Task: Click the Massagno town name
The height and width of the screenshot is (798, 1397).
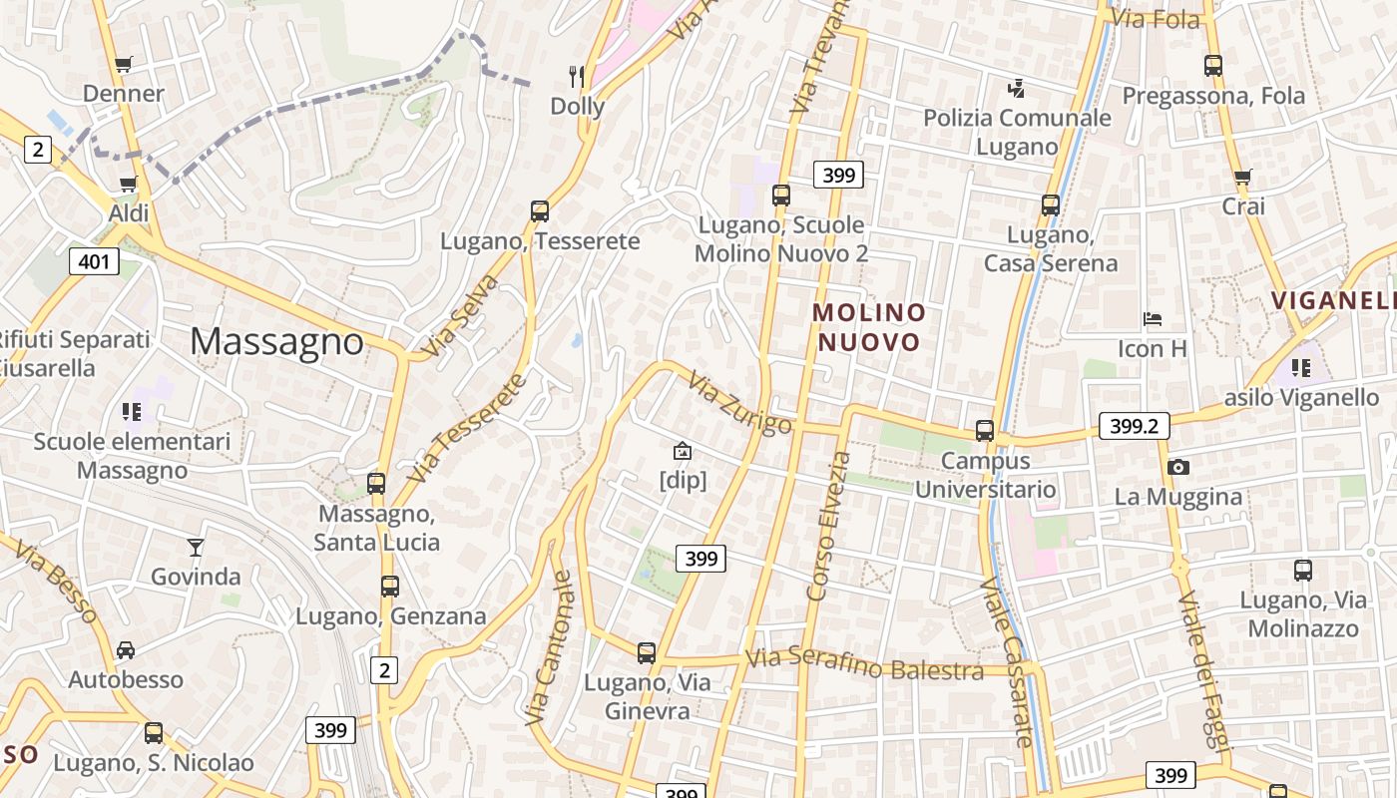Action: pyautogui.click(x=276, y=341)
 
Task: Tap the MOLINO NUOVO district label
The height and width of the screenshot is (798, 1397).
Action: pyautogui.click(x=868, y=327)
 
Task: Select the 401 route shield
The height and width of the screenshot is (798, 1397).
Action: pyautogui.click(x=94, y=262)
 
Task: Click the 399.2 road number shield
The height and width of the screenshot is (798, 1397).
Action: pyautogui.click(x=1134, y=426)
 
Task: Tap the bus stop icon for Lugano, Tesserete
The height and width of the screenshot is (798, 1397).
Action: pyautogui.click(x=540, y=211)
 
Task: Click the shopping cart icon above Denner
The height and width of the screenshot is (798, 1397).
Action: pyautogui.click(x=123, y=66)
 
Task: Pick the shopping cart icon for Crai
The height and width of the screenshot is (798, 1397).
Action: pyautogui.click(x=1242, y=178)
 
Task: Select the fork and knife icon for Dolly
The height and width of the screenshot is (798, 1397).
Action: pyautogui.click(x=577, y=77)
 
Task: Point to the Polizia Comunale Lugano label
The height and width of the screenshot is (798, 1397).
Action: pyautogui.click(x=1016, y=132)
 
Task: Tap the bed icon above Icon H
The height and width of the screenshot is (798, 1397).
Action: pyautogui.click(x=1153, y=320)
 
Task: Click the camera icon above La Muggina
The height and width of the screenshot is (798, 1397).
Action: pyautogui.click(x=1177, y=467)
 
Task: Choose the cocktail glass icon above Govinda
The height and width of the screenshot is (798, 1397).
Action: pyautogui.click(x=195, y=547)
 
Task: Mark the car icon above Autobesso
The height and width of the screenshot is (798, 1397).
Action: pyautogui.click(x=126, y=650)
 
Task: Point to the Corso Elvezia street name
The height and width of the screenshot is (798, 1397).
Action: pyautogui.click(x=829, y=526)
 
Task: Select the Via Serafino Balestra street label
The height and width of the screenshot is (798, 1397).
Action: pyautogui.click(x=864, y=664)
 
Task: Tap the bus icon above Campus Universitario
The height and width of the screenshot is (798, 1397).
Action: pyautogui.click(x=985, y=431)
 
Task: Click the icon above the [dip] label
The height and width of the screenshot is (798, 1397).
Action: pyautogui.click(x=683, y=451)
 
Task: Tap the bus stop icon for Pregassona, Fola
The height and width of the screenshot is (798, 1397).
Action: pyautogui.click(x=1213, y=66)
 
